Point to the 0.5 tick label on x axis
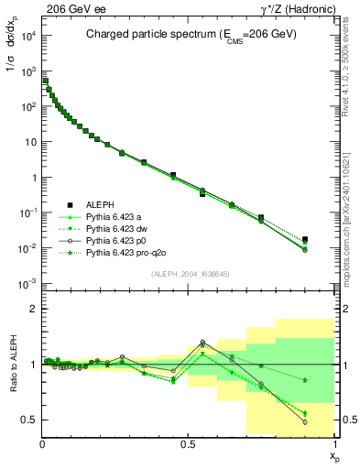[188, 444]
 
